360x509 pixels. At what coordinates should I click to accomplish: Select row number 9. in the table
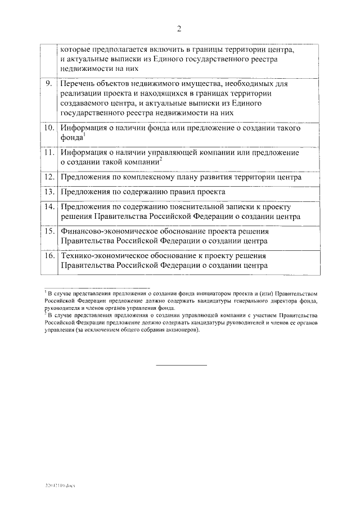tap(49, 84)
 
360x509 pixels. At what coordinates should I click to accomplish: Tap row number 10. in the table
tap(49, 128)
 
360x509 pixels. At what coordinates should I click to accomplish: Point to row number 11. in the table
tap(49, 152)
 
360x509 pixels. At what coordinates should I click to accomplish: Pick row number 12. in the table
tap(49, 177)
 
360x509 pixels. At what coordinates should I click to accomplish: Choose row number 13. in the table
tap(49, 192)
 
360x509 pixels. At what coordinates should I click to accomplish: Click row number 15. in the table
tap(49, 231)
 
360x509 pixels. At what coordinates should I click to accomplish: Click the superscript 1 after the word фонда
tap(83, 134)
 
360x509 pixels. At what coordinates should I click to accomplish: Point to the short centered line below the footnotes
tap(181, 366)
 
